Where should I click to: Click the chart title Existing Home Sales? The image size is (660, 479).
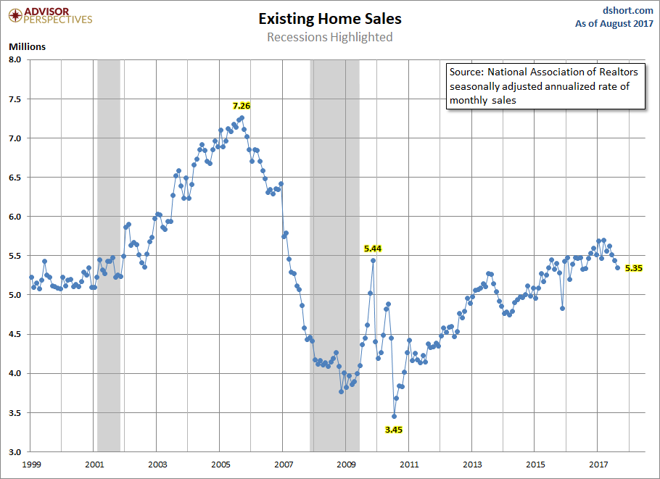coord(329,19)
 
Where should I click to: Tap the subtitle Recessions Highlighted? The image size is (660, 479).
coord(329,37)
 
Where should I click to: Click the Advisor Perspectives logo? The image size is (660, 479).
coord(49,15)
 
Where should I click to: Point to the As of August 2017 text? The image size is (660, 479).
coord(614,24)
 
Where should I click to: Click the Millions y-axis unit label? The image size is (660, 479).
coord(27,47)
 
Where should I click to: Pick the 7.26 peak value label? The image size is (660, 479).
coord(241,106)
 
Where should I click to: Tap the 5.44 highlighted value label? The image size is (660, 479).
coord(373,248)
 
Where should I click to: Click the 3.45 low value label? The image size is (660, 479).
coord(394,430)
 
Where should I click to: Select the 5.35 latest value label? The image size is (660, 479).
coord(635,268)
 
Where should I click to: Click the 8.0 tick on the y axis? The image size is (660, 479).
coord(16,59)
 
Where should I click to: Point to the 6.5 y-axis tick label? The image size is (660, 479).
coord(16,178)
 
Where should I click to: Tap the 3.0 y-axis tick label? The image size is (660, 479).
coord(16,452)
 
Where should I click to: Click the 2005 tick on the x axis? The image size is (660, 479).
coord(220,464)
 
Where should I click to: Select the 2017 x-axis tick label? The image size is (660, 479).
coord(598,464)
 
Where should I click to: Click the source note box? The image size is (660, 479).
coord(544,86)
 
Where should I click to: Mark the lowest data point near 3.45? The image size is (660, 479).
coord(394,416)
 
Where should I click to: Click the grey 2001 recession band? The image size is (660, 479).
coord(108,254)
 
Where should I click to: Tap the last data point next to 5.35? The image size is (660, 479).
coord(618,267)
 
